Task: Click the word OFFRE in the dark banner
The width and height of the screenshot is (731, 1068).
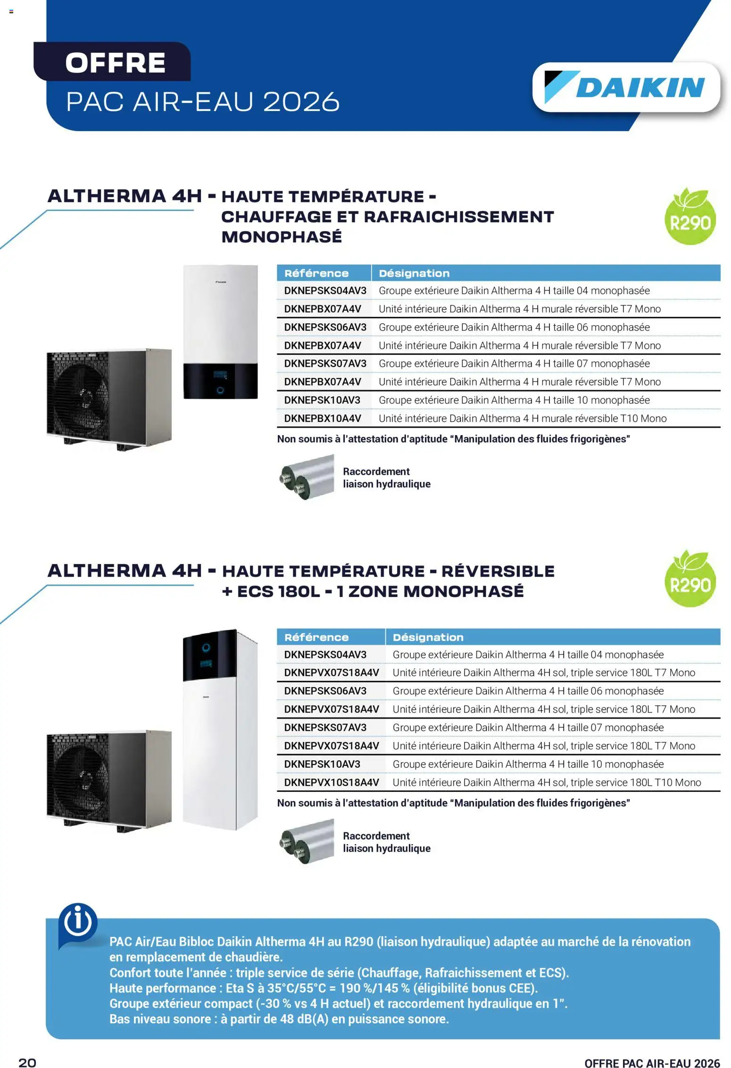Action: (x=116, y=63)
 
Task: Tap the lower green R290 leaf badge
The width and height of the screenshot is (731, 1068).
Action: (x=690, y=578)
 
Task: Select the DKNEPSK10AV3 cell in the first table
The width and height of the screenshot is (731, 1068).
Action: (x=322, y=400)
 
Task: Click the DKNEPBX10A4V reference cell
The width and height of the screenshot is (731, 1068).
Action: (x=323, y=419)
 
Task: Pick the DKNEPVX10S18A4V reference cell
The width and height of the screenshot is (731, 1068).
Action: (x=332, y=782)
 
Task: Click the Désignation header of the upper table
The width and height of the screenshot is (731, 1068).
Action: (x=414, y=273)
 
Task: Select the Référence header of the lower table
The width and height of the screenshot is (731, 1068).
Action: (x=316, y=637)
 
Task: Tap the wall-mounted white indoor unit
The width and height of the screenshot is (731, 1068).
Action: (x=220, y=332)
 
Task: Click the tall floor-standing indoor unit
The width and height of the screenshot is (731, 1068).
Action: (x=220, y=729)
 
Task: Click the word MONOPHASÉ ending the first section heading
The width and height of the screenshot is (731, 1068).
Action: (x=282, y=237)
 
